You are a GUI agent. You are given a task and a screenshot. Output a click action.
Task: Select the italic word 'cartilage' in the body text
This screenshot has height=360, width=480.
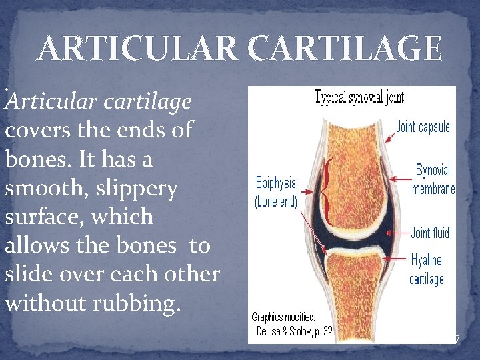[x=151, y=101]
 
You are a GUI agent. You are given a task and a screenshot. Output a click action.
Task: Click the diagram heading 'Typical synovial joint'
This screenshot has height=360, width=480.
[x=359, y=97]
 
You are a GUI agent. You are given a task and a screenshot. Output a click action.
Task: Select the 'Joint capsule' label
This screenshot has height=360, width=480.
[x=423, y=127]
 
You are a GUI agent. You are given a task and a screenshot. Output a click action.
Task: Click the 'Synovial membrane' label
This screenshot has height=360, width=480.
[x=433, y=179]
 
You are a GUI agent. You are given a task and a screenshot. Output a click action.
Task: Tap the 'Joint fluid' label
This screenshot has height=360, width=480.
[x=430, y=233]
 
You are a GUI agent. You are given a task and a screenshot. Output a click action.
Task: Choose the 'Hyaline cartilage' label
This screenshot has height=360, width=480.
[x=427, y=269]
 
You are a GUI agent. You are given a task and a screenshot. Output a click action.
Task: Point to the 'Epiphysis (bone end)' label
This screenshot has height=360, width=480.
[x=275, y=192]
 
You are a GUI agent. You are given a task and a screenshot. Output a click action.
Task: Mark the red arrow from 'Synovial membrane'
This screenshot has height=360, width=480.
[x=402, y=179]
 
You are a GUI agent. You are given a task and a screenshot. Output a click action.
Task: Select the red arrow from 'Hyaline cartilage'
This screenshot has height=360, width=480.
[x=396, y=261]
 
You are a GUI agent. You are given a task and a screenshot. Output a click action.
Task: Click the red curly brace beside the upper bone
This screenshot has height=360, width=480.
[x=326, y=191]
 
